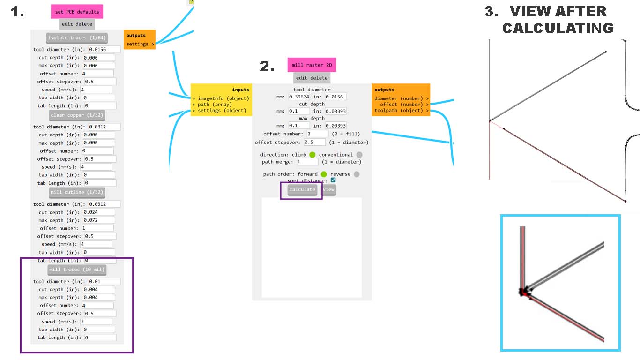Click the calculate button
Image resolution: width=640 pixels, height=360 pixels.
click(302, 189)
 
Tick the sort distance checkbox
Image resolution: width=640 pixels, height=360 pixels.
click(333, 180)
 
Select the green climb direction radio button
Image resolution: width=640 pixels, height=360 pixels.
click(313, 155)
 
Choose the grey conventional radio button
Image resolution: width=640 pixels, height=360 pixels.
click(359, 155)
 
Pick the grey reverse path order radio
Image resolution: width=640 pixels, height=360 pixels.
click(357, 174)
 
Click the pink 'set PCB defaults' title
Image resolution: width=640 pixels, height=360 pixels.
click(77, 12)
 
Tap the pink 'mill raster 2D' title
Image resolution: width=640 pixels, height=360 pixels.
click(312, 65)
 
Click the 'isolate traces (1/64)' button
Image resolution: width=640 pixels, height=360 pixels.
click(77, 37)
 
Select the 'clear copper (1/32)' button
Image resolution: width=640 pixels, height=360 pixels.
click(77, 115)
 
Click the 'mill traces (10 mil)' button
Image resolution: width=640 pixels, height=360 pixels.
click(77, 270)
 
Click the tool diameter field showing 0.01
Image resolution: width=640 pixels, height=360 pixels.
click(104, 282)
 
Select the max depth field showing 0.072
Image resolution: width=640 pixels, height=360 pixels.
click(98, 220)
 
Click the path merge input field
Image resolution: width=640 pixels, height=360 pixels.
click(307, 162)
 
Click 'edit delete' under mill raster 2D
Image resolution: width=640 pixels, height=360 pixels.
click(312, 78)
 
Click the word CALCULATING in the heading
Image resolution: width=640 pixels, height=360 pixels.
click(558, 28)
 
